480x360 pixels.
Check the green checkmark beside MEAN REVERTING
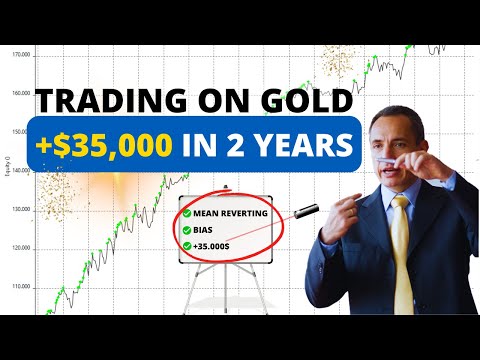tap(186, 214)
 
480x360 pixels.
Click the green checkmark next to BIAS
tap(186, 229)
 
